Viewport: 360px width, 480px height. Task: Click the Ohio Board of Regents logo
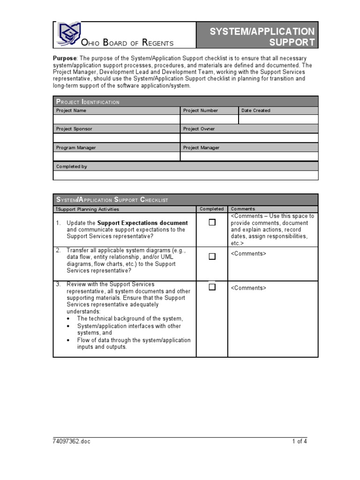coord(68,34)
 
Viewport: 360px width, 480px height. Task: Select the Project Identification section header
coord(88,102)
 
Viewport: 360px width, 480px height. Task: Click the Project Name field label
coord(71,111)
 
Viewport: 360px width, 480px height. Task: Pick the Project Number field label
coord(201,111)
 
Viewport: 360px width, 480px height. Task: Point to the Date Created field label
coord(255,111)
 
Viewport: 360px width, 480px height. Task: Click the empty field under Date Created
coord(278,120)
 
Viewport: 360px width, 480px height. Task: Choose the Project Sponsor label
coord(74,129)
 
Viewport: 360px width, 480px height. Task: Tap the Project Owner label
coord(199,129)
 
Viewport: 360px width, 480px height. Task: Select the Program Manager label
coord(76,148)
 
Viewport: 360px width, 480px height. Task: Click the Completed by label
coord(72,166)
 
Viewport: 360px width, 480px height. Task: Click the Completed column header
coord(212,209)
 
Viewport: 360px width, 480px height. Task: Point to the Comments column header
coord(243,209)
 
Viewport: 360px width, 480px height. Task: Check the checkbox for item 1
coord(212,223)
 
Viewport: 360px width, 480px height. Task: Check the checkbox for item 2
coord(212,256)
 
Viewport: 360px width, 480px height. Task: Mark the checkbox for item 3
coord(212,287)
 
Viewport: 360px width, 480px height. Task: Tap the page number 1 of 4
coord(300,442)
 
